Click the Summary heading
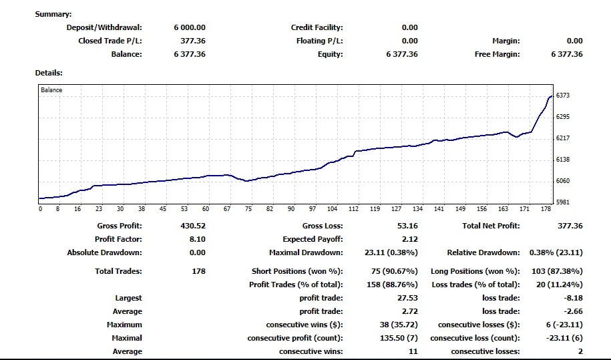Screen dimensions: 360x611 pos(53,14)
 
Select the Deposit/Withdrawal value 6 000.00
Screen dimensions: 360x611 pos(190,27)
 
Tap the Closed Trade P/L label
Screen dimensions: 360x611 pos(110,41)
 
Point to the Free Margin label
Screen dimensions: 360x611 pos(497,54)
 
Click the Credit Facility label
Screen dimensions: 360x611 pos(317,27)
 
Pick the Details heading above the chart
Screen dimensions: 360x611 pos(49,73)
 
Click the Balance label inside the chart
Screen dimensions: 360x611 pos(51,89)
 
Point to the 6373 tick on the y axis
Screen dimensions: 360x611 pos(562,96)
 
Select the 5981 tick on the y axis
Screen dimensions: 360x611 pos(562,202)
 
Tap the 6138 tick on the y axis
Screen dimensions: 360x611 pos(562,160)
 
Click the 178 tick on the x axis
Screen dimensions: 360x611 pos(546,209)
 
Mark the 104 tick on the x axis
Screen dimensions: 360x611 pos(333,209)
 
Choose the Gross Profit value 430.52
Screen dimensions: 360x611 pos(193,226)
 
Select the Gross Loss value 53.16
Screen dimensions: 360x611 pos(407,226)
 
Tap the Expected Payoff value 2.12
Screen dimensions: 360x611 pos(410,239)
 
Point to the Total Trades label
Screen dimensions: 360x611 pos(118,271)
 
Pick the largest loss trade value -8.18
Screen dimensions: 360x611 pos(571,298)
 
